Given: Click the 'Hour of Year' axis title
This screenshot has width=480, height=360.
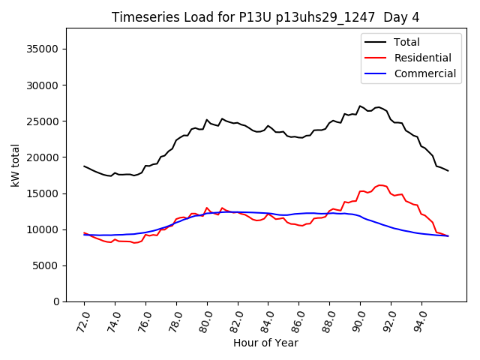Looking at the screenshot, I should click(265, 343).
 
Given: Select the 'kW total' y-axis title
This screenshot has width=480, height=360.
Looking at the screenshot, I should click(15, 164).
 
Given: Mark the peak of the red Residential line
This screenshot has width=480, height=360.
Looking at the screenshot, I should click(380, 184).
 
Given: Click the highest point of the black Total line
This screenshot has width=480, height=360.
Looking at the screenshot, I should click(360, 106).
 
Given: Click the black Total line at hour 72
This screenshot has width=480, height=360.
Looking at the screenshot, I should click(84, 166).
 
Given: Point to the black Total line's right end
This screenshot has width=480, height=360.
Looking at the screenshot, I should click(448, 171).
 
